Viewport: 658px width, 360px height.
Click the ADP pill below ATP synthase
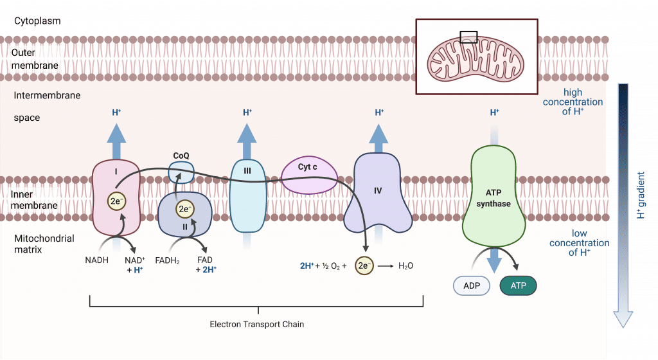coord(472,285)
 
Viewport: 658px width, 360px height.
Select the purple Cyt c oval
coord(309,175)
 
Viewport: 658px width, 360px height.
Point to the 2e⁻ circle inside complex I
coord(116,201)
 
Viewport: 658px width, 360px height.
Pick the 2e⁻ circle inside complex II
coord(185,209)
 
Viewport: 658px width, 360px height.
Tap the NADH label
coord(96,260)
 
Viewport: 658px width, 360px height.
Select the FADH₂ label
coord(167,260)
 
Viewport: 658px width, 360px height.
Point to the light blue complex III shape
coord(247,196)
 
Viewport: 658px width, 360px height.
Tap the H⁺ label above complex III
coord(247,113)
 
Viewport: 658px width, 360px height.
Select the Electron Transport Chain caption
coord(257,325)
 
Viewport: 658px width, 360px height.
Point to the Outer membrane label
coord(35,59)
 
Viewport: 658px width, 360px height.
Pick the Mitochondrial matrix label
coord(44,244)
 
